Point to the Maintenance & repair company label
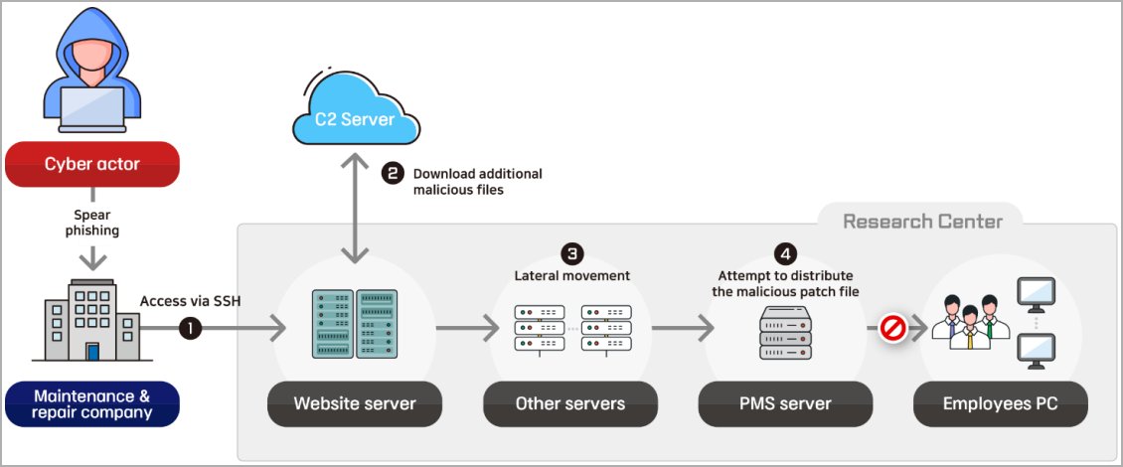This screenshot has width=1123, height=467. [91, 403]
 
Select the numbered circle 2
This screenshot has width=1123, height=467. [393, 173]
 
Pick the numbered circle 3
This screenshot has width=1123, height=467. [571, 252]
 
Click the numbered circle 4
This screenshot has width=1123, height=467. [785, 252]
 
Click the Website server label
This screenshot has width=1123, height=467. [355, 403]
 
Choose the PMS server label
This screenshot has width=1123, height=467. [785, 403]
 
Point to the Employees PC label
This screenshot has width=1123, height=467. [1001, 403]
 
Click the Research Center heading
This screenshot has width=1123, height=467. [923, 221]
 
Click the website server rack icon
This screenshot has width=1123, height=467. [355, 324]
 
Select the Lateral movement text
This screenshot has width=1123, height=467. [571, 275]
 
